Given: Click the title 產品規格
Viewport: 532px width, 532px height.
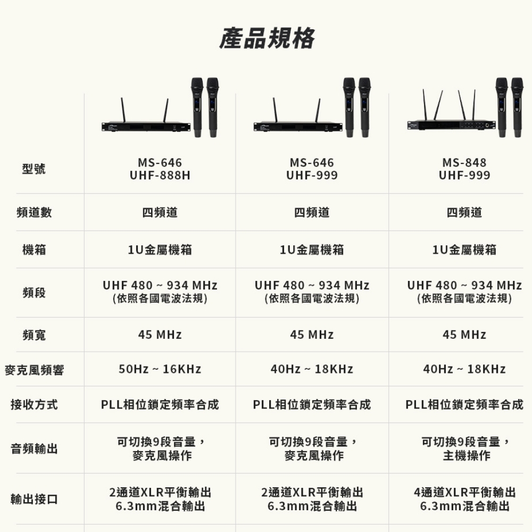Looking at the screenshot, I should click(267, 38).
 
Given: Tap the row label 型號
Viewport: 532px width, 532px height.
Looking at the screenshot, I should click(34, 169).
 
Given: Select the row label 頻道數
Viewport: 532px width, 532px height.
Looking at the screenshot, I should click(34, 213).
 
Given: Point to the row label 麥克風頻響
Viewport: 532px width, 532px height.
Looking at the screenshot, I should click(34, 370).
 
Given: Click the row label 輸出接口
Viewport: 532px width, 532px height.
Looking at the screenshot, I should click(34, 500).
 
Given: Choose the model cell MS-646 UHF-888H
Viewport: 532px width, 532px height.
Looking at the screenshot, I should click(160, 169).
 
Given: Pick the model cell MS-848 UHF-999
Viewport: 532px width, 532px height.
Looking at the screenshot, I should click(464, 169).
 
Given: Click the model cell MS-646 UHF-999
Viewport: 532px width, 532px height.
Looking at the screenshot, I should click(312, 169).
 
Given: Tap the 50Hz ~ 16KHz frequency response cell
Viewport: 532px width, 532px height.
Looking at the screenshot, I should click(160, 369).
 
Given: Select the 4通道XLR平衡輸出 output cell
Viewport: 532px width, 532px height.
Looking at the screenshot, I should click(464, 493).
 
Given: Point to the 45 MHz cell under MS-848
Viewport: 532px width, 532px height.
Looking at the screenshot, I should click(464, 335).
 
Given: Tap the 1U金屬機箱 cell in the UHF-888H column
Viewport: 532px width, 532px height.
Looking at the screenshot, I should click(160, 250).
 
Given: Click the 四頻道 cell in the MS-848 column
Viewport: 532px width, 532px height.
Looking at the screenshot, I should click(464, 213).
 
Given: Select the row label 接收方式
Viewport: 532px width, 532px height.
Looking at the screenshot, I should click(34, 405).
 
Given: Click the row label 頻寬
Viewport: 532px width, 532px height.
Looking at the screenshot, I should click(34, 335).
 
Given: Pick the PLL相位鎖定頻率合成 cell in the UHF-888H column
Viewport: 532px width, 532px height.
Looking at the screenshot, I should click(160, 405).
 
